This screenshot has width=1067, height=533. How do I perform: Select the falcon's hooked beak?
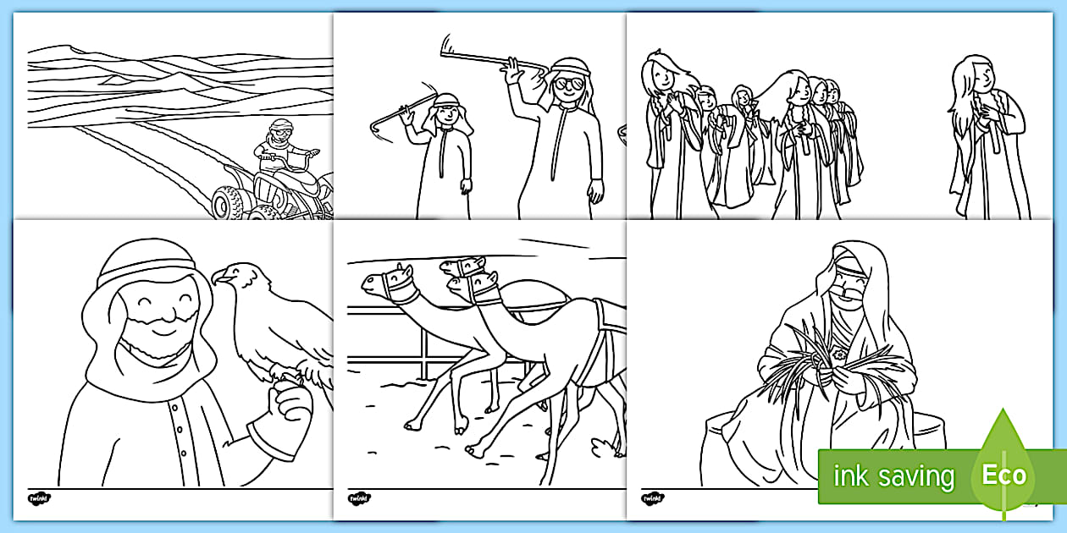pos(219,276)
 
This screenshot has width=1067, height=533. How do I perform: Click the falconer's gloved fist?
pos(288,406)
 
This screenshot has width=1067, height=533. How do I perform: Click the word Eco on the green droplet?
pos(1003,474)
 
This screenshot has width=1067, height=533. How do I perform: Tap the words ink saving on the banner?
pos(893,476)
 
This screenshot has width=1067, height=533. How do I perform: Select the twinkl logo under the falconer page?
pos(39,497)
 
